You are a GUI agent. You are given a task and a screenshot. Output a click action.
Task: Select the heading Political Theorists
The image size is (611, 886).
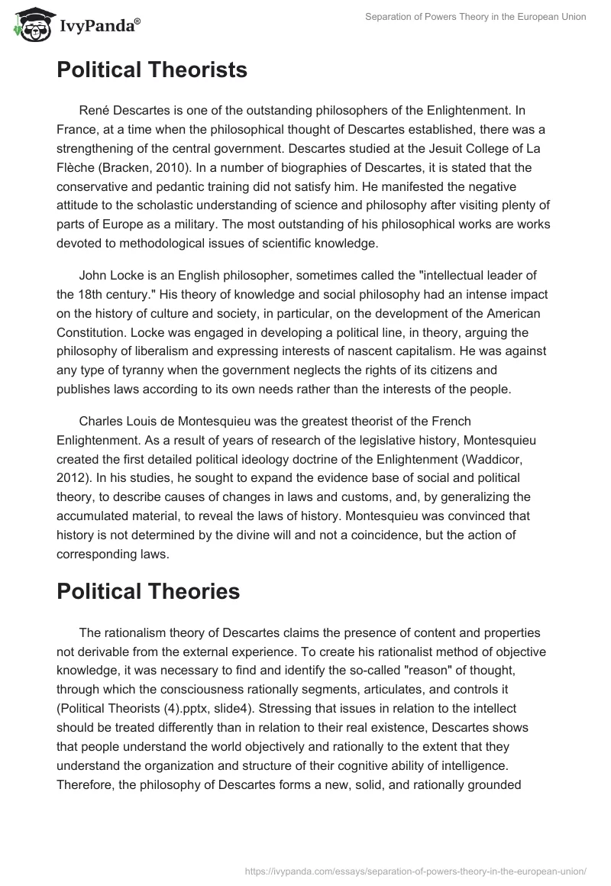(x=152, y=70)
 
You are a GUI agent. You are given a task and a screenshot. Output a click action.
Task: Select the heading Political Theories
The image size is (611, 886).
(x=148, y=591)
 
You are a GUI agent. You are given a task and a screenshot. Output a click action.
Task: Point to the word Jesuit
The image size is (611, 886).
(x=423, y=147)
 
